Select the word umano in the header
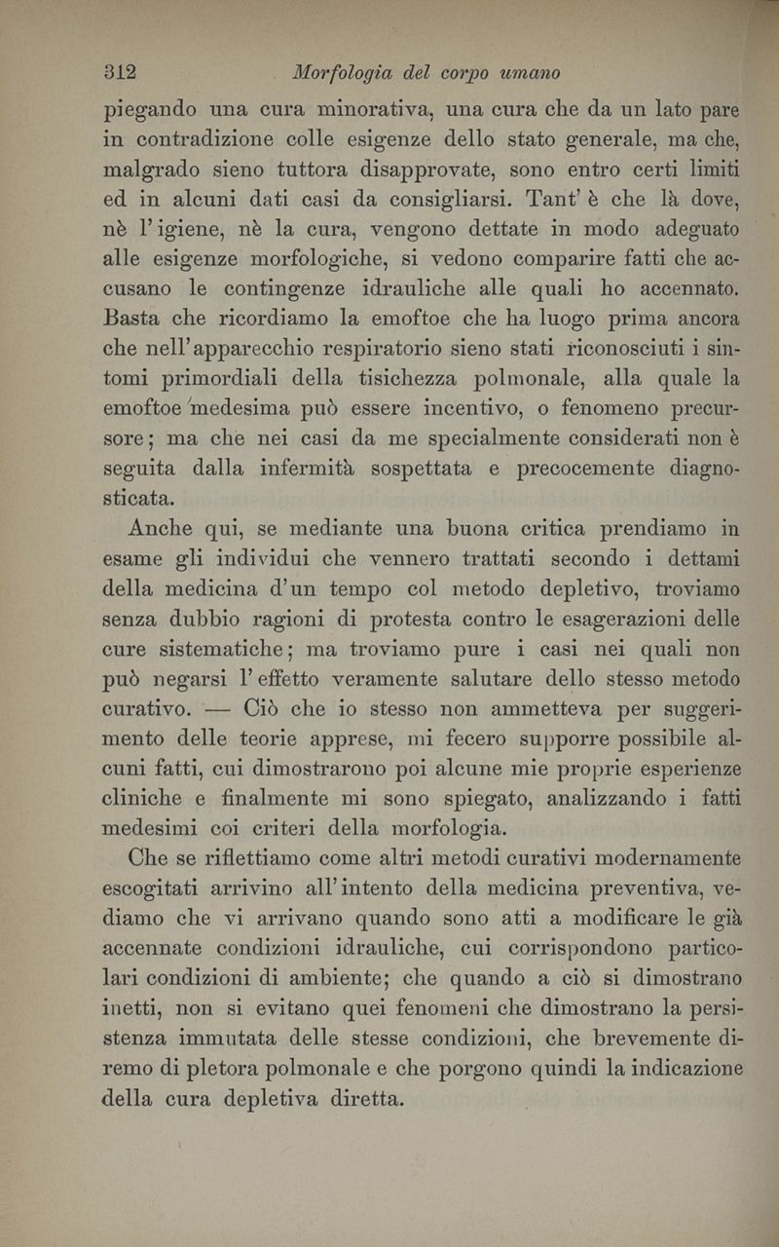point(531,73)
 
